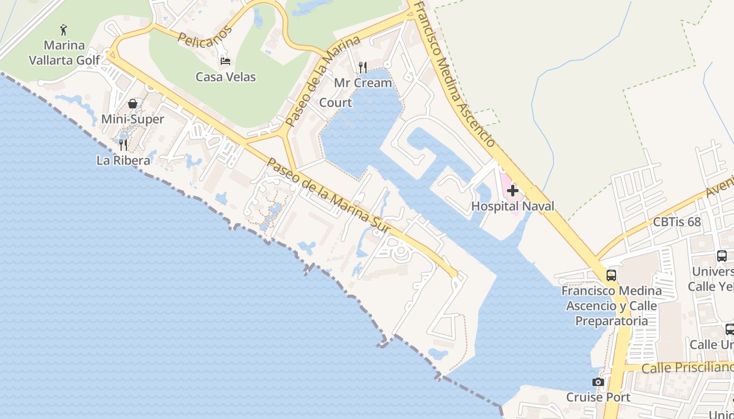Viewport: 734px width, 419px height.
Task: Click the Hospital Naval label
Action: (512, 206)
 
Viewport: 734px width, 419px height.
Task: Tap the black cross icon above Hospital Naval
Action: (513, 191)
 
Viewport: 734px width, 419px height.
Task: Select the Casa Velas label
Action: (225, 77)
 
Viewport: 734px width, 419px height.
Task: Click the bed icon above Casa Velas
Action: (225, 61)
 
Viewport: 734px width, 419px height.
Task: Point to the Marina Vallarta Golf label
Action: (64, 53)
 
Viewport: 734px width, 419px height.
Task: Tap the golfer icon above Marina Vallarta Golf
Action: (64, 30)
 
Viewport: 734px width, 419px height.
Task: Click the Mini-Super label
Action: (133, 119)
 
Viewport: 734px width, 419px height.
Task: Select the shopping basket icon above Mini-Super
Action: (133, 104)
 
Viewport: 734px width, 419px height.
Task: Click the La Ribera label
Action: (123, 160)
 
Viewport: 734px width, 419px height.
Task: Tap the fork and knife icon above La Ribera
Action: (123, 145)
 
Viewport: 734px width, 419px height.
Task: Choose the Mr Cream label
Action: (363, 83)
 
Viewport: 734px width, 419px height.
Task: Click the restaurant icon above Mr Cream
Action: (362, 67)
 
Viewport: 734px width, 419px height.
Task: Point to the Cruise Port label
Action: (598, 398)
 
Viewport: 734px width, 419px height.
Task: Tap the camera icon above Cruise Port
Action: (598, 382)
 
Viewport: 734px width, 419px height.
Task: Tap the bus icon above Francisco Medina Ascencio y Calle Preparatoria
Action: (611, 275)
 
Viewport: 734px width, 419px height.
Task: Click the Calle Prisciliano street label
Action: (687, 368)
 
